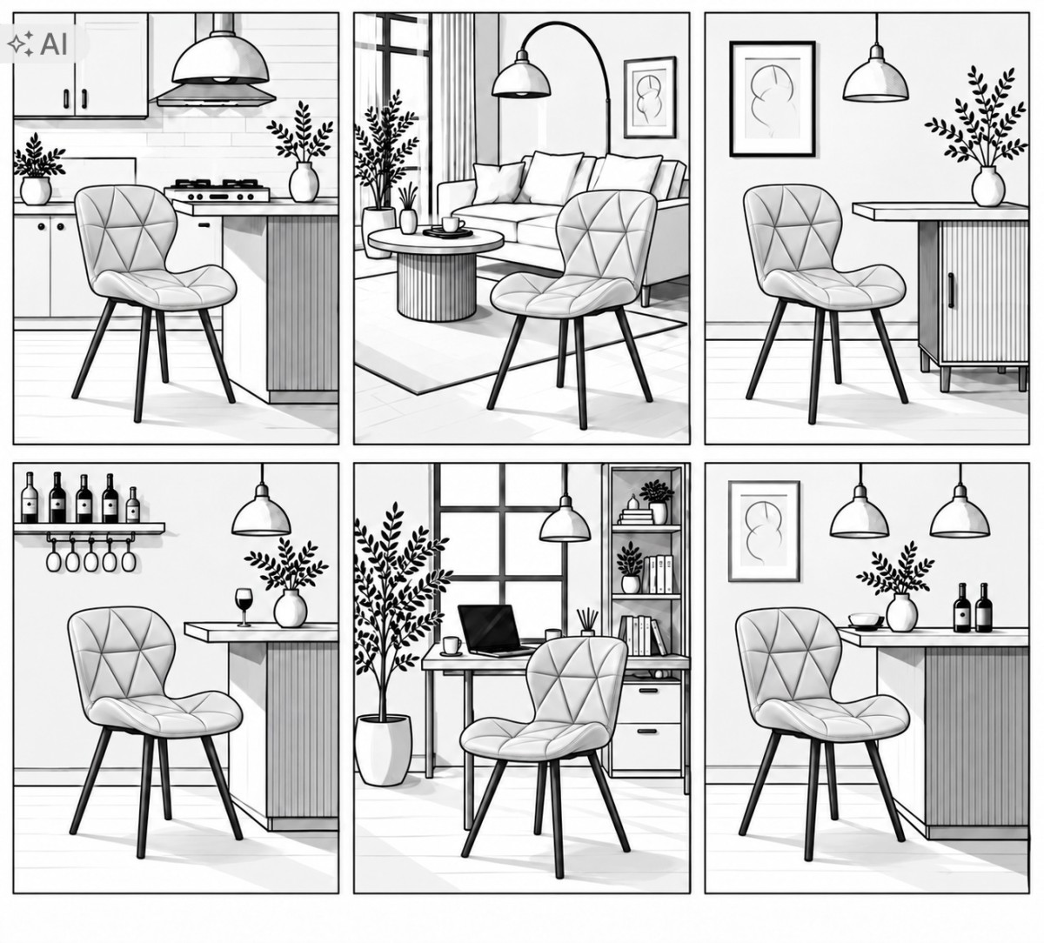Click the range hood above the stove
coord(216,96)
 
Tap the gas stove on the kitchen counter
coord(217,191)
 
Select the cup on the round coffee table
coord(452,224)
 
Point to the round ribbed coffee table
coord(436,272)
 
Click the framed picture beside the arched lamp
coord(650,97)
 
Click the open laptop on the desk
coord(492,630)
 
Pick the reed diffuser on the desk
coord(587,622)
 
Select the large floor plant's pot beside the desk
coord(383,748)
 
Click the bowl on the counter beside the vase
coord(865,620)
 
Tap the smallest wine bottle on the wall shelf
coord(133,505)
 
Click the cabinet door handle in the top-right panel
coord(951,290)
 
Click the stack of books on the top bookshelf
coord(635,516)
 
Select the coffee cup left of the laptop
coord(452,645)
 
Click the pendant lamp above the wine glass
coord(261,516)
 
